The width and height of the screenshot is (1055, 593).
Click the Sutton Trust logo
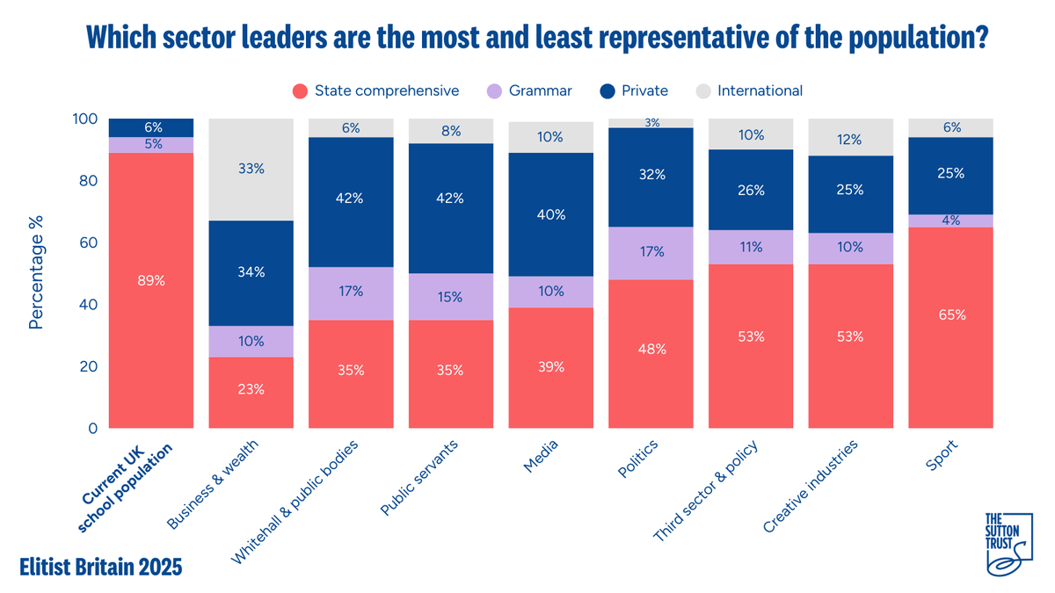tap(1009, 544)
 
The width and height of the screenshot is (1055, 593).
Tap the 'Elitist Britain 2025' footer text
tap(100, 567)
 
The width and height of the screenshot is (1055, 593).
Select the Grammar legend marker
tap(494, 90)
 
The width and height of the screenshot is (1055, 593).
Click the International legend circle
tap(702, 90)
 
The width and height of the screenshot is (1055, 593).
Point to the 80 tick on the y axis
tap(88, 181)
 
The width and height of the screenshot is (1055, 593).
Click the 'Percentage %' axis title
tap(36, 272)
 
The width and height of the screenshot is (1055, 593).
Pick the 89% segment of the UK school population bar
tap(151, 291)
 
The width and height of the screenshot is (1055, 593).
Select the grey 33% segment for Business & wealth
tap(251, 170)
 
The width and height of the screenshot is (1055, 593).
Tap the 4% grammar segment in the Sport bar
tap(950, 221)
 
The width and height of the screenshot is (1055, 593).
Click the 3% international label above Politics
tap(651, 123)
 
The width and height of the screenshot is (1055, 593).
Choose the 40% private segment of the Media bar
tap(550, 214)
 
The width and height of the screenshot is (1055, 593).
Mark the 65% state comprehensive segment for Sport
tap(950, 328)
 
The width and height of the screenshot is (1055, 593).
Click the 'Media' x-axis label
tap(541, 456)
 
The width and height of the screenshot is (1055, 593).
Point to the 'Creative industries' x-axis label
tap(810, 487)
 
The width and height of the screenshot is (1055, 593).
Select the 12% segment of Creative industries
tap(851, 137)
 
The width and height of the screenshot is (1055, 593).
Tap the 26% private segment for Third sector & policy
tap(751, 190)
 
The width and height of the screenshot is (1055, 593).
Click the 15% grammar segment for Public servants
tap(451, 297)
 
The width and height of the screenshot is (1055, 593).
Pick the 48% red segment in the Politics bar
tap(651, 354)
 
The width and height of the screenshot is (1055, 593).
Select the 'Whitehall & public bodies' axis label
tap(295, 502)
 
